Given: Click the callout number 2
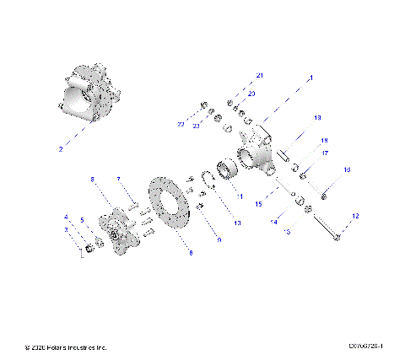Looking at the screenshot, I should pyautogui.click(x=61, y=149).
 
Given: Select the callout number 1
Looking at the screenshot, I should pyautogui.click(x=310, y=77).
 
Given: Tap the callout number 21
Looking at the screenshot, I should pyautogui.click(x=261, y=77).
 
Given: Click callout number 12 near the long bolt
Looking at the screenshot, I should pyautogui.click(x=355, y=217).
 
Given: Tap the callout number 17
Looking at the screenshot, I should pyautogui.click(x=323, y=153).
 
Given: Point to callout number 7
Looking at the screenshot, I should pyautogui.click(x=119, y=179).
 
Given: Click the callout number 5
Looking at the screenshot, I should pyautogui.click(x=82, y=220).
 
